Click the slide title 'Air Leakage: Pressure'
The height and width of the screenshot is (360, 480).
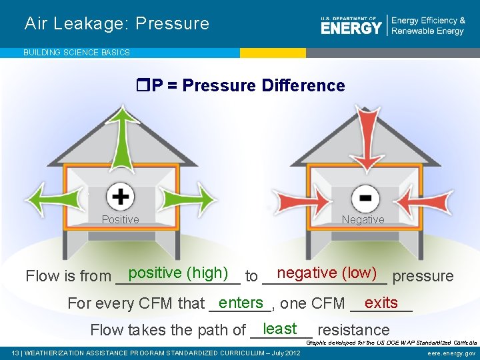tap(117, 24)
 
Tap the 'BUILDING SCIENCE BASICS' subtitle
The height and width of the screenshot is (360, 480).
tap(77, 52)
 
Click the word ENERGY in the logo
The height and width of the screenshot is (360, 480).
tap(351, 27)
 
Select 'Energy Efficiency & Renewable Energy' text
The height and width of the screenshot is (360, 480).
tap(428, 26)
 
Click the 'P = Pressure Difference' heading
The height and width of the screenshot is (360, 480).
tap(240, 86)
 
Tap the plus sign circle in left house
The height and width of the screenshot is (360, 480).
tap(120, 197)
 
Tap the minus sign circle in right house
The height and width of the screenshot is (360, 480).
tap(365, 198)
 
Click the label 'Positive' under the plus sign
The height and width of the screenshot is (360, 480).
tap(120, 219)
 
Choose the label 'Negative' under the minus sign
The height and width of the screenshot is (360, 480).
tap(363, 219)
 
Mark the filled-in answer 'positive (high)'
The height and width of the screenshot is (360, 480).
tap(179, 273)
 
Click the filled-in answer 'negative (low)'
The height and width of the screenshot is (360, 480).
tap(327, 273)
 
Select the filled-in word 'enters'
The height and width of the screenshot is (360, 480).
tap(241, 302)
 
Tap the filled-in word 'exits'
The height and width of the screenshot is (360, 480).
tap(381, 302)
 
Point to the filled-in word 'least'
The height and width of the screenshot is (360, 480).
tap(280, 328)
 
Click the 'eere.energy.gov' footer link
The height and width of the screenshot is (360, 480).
tap(451, 353)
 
